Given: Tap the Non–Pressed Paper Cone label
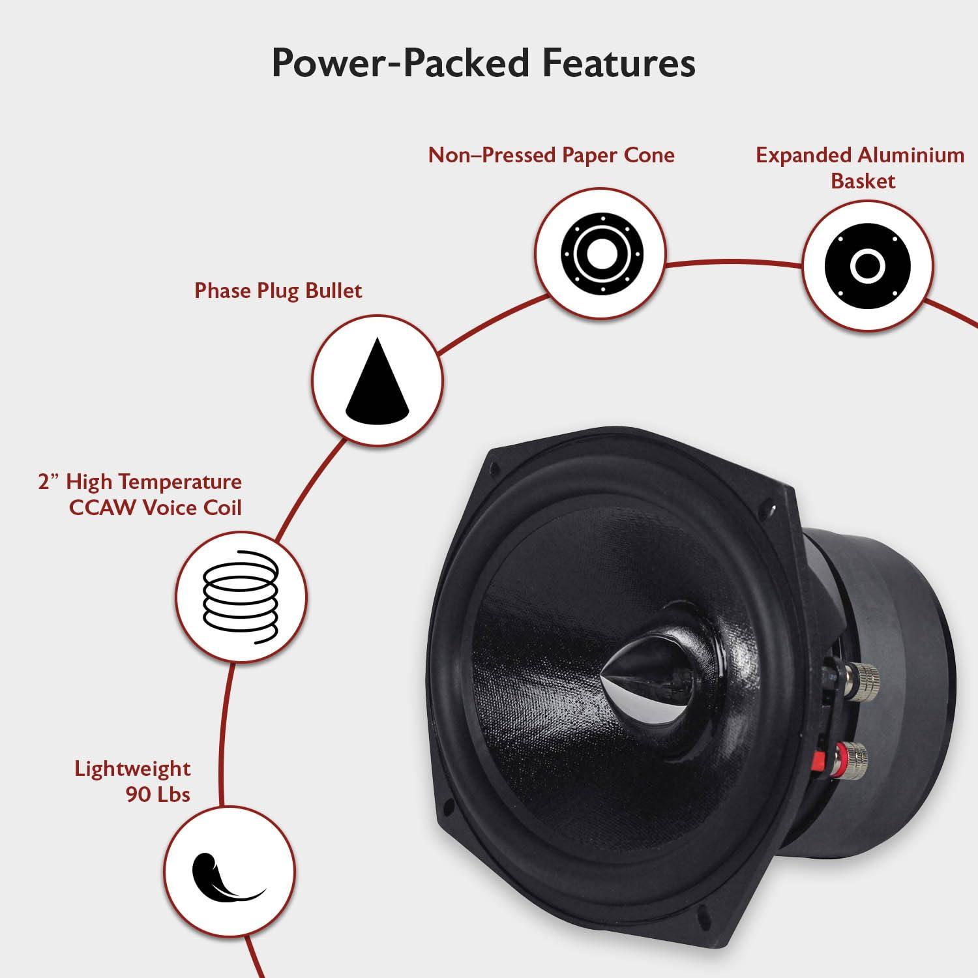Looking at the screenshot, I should coord(551,155).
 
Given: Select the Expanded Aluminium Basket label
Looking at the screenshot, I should coord(860,168).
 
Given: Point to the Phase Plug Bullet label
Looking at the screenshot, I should coord(278,290).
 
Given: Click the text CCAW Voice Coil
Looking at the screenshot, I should coord(155,508).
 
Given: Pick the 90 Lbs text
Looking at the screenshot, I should coord(158,794).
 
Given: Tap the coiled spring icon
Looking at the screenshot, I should coord(241,597).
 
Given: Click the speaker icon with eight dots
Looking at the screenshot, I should coord(600,253).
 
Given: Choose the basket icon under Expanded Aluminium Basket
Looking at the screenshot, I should coord(867,265).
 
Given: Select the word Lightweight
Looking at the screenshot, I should coord(132,768).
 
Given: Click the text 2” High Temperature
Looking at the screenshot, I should coord(140,482).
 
